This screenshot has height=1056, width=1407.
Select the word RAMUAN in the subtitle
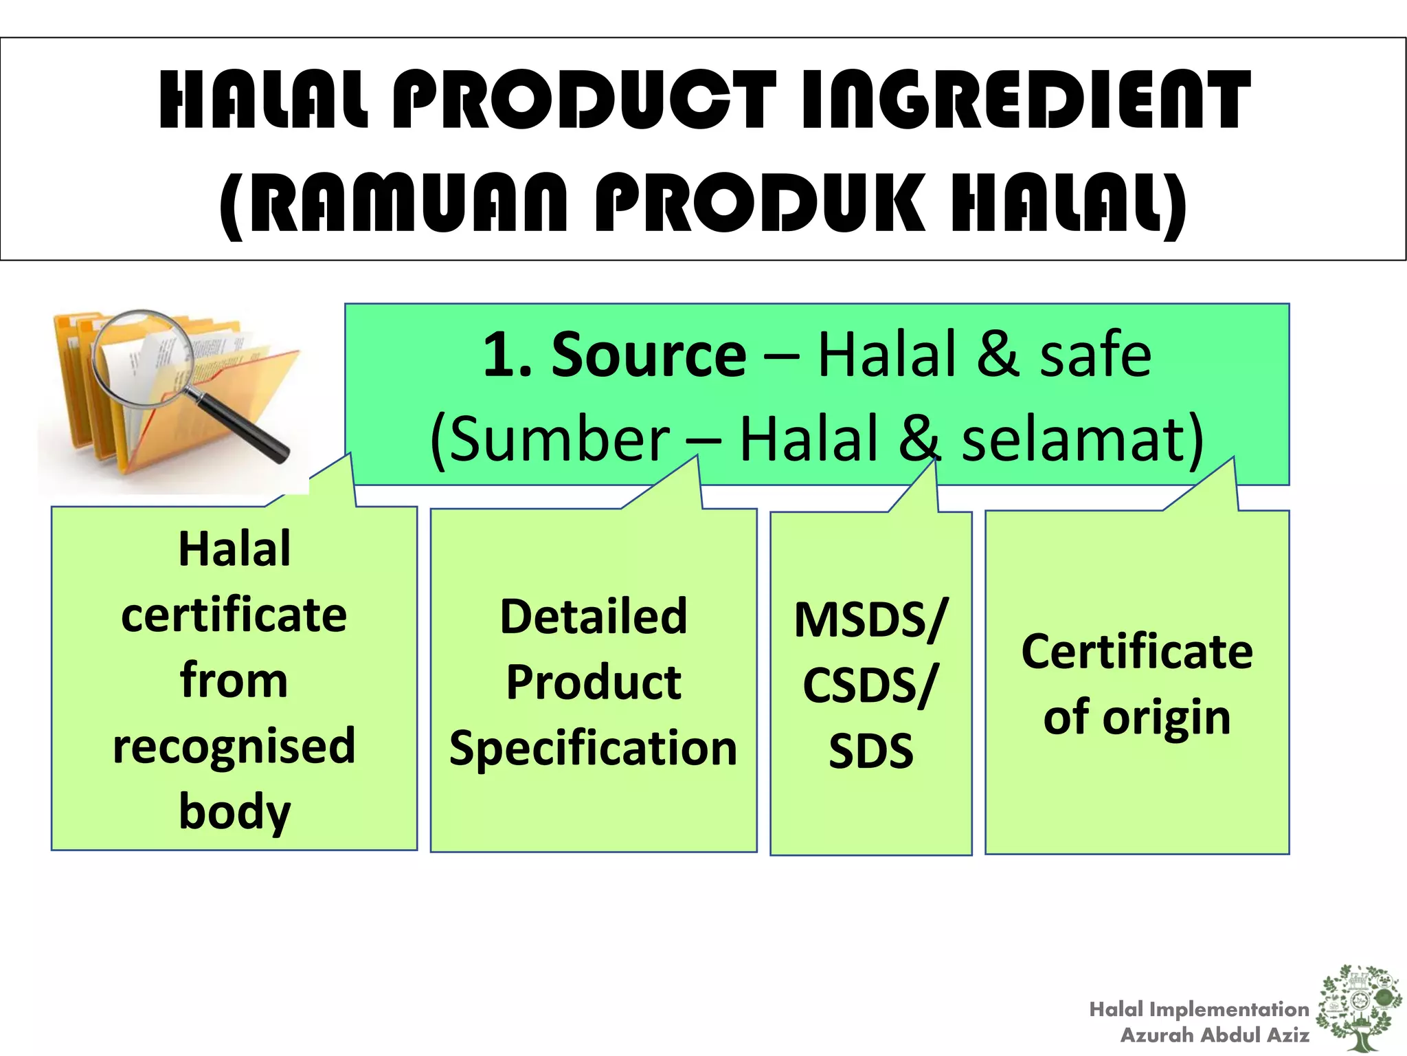[x=409, y=203]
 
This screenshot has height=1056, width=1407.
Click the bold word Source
[x=649, y=355]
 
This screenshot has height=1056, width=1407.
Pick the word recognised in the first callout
[x=234, y=746]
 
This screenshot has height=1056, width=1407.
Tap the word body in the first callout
[x=234, y=811]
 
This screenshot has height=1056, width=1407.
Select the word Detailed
[x=594, y=616]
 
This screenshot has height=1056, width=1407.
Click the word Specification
[x=594, y=748]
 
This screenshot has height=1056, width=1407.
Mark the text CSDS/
[x=870, y=685]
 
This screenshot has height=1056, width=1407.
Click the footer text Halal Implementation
[x=1199, y=1009]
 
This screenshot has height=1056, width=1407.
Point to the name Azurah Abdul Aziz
[x=1215, y=1035]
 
